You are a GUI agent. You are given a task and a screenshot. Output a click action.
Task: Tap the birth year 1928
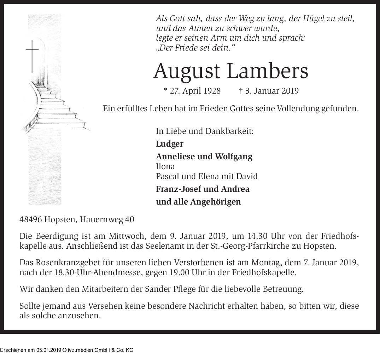pos(212,91)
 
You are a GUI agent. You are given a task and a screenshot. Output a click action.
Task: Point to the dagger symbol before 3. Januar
pos(240,91)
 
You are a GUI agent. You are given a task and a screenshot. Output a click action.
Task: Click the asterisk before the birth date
pos(165,90)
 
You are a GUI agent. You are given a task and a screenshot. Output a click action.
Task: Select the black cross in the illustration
pos(32,56)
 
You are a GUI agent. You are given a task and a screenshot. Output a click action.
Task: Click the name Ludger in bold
pos(170,144)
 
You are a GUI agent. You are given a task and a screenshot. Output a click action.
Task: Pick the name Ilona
pos(165,166)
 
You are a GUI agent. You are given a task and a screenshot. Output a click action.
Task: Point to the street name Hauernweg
pos(102,219)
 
